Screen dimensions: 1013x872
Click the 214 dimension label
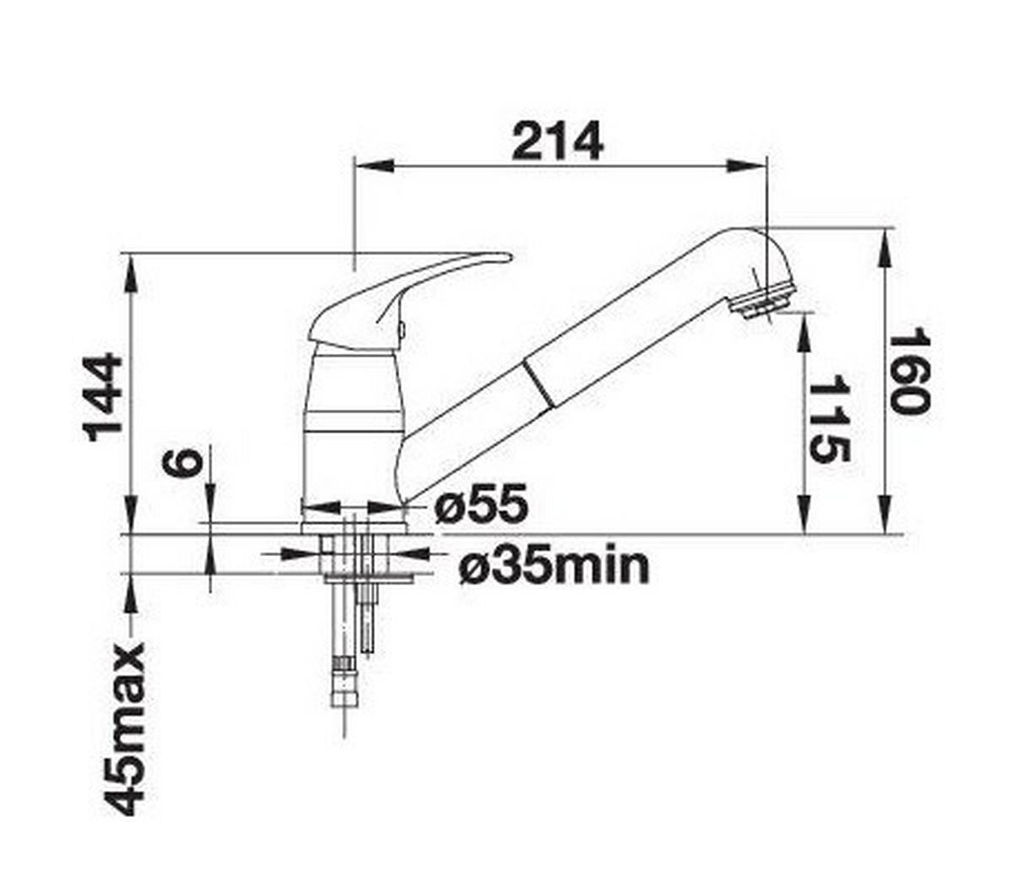point(557,141)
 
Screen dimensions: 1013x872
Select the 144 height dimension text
point(103,397)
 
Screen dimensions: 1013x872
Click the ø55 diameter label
point(481,504)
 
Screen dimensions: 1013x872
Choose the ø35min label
point(554,566)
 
